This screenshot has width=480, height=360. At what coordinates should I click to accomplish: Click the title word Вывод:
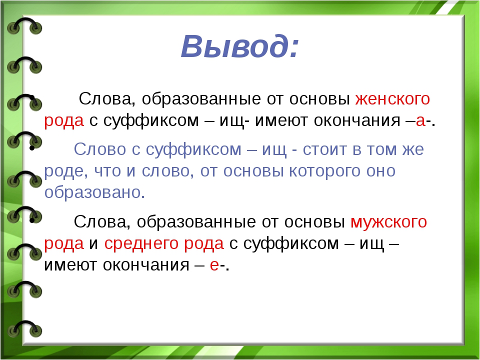point(239,46)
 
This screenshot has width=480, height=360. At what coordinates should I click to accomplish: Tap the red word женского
point(392,99)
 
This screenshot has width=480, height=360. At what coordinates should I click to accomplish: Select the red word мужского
point(388,222)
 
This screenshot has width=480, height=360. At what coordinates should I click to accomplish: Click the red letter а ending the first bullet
point(420,121)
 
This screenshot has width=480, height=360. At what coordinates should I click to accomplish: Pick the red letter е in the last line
point(214,265)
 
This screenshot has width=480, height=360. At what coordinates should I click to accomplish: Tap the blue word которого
point(325,171)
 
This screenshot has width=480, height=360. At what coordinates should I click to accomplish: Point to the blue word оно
point(381,171)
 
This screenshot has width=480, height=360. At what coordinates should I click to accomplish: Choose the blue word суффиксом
point(193,150)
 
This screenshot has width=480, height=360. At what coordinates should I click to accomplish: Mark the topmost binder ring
point(24,25)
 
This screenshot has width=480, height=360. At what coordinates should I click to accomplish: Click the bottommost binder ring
point(24,329)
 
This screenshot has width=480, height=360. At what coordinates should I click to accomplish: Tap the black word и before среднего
point(93,244)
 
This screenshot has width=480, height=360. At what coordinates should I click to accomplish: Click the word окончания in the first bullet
point(357,121)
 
